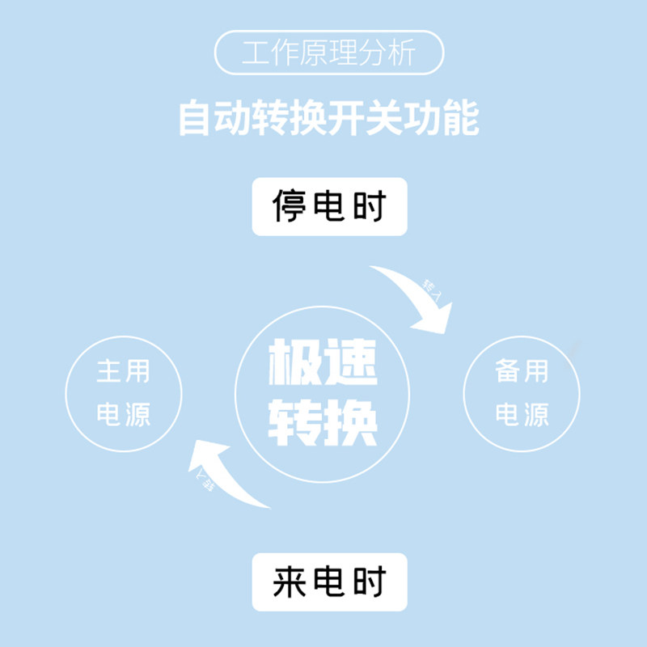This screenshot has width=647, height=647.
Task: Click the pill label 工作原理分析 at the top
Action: tap(328, 53)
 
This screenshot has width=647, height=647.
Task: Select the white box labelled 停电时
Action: tap(329, 207)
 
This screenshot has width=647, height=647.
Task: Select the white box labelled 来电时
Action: tap(329, 581)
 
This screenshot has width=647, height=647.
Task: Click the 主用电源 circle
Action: tap(124, 393)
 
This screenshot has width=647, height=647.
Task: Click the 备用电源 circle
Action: tap(522, 393)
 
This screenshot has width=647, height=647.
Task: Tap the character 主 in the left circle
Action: tap(110, 372)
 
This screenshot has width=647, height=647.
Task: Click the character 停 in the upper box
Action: tap(289, 207)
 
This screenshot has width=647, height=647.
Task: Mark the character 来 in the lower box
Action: tap(289, 581)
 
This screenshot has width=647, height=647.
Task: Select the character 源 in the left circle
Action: tap(137, 415)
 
